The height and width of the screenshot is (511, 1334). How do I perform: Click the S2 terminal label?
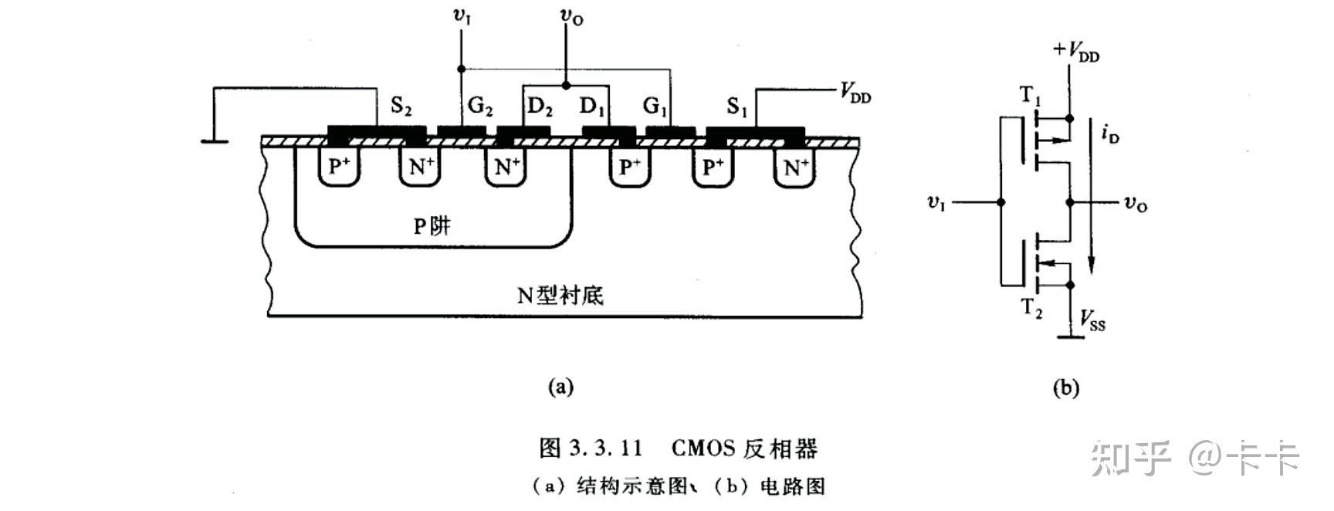[401, 106]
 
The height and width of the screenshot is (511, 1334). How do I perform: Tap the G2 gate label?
[480, 106]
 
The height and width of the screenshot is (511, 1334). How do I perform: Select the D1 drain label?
[592, 107]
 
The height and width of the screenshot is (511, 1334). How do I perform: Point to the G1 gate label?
[655, 107]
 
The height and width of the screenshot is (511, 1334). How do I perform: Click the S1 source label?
[737, 107]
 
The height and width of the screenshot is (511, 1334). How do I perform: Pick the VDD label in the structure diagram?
[855, 93]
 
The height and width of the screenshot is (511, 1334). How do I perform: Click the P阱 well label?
[432, 225]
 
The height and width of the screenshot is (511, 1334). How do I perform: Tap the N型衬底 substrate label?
[560, 295]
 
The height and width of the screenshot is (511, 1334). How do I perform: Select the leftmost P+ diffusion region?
[340, 166]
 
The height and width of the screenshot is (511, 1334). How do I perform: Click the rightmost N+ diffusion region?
[795, 166]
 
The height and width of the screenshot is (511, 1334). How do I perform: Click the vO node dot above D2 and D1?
[566, 85]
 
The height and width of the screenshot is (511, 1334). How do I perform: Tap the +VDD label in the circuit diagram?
[1076, 52]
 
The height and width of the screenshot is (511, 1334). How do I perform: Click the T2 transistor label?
[1032, 309]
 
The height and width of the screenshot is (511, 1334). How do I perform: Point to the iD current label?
[1110, 136]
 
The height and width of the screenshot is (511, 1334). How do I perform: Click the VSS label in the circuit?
[1092, 320]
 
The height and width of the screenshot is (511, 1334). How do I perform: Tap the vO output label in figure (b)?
[1135, 204]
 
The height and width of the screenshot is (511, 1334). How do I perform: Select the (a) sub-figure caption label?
[560, 387]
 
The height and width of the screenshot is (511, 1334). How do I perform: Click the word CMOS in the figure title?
[702, 448]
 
